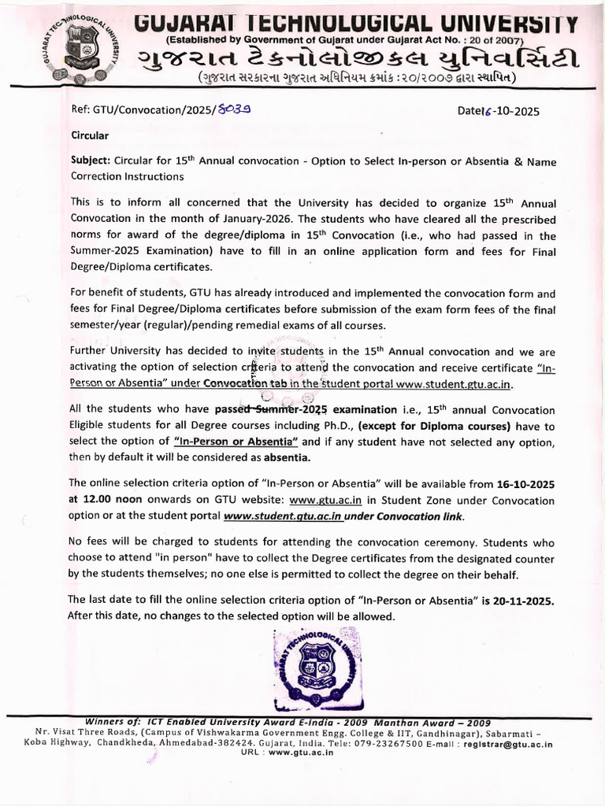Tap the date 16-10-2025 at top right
point(499,111)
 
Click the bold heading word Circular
point(90,135)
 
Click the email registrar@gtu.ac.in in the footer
point(508,743)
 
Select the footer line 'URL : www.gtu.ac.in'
point(287,752)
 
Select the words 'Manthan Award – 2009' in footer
point(432,723)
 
